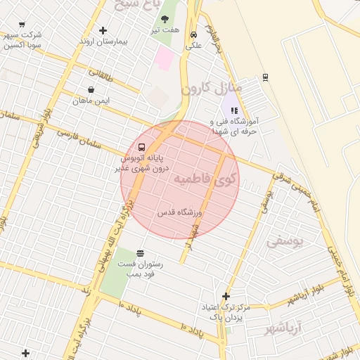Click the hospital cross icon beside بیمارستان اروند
tap(103, 30)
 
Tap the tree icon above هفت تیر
tap(165, 19)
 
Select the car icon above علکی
tap(193, 34)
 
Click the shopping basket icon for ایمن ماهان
tap(91, 90)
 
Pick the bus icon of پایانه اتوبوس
tap(142, 148)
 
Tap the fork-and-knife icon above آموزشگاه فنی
tap(235, 110)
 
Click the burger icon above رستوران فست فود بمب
tap(140, 253)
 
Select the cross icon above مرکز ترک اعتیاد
tap(226, 296)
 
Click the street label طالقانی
tap(101, 72)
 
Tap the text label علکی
tap(193, 46)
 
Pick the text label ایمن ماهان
tap(91, 101)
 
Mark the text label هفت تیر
tap(165, 30)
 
